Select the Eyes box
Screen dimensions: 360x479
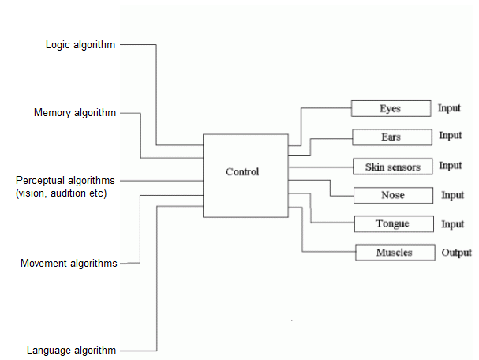390,108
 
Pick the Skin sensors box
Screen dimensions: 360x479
392,167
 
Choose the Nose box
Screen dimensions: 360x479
392,195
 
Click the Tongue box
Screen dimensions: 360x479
392,223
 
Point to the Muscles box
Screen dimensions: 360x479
394,253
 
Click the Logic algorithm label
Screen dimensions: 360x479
80,45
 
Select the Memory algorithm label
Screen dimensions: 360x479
75,113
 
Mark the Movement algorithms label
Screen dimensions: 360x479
69,263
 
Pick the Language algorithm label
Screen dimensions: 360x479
71,350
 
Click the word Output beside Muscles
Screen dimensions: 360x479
456,253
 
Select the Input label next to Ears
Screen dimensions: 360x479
451,136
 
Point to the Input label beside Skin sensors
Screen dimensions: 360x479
451,166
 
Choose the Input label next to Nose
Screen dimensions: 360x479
453,195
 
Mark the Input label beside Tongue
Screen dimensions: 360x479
453,224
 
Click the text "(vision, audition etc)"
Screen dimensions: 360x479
61,193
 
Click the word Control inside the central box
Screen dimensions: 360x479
242,171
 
